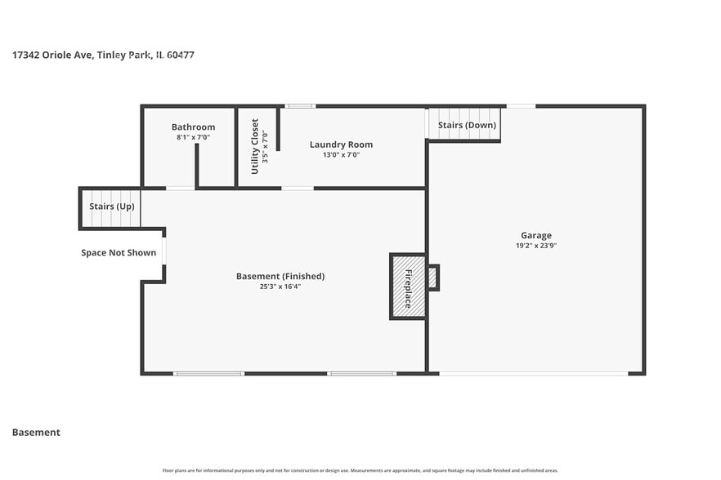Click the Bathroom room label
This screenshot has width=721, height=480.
tap(193, 127)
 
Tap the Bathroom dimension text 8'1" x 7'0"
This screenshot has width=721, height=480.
tap(193, 137)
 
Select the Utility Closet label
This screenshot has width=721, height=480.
tap(255, 146)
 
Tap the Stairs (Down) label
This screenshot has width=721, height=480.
tap(467, 125)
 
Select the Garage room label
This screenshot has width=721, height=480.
tap(536, 235)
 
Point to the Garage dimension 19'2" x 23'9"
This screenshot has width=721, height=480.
tap(536, 245)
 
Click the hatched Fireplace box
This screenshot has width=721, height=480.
tap(408, 286)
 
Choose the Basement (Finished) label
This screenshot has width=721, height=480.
tap(280, 276)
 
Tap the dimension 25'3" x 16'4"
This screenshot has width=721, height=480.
tap(280, 286)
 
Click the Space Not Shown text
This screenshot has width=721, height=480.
tap(119, 252)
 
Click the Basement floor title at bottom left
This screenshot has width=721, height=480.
tap(36, 432)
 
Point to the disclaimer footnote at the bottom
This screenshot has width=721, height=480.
tap(360, 470)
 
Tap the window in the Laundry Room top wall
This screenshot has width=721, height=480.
tap(300, 106)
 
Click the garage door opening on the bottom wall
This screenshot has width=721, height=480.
tap(533, 373)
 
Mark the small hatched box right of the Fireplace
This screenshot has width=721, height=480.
tap(432, 278)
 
